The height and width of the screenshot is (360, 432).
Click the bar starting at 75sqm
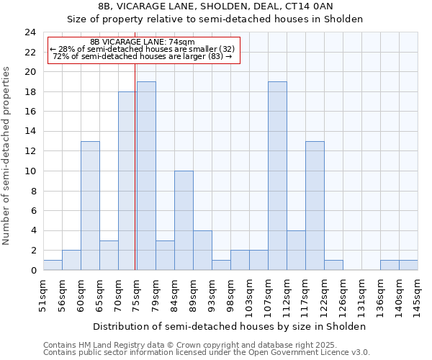[x=146, y=176]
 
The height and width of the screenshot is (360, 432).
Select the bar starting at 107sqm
[x=277, y=176]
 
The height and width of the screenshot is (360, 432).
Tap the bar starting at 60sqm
[x=90, y=206]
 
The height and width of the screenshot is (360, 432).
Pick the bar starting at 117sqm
[x=315, y=206]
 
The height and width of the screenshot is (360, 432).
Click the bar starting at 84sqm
[x=184, y=220]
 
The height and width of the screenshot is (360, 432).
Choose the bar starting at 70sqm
[x=127, y=181]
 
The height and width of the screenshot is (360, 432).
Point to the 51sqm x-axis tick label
[x=43, y=292]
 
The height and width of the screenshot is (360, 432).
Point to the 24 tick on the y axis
[x=30, y=32]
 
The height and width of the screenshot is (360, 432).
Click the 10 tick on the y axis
[x=30, y=171]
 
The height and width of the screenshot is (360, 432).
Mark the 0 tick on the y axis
[x=32, y=270]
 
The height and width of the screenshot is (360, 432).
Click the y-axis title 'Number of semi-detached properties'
[x=7, y=156]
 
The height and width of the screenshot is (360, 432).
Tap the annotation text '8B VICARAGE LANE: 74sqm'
[x=143, y=42]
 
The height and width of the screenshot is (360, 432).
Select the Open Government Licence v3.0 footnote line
[x=206, y=352]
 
